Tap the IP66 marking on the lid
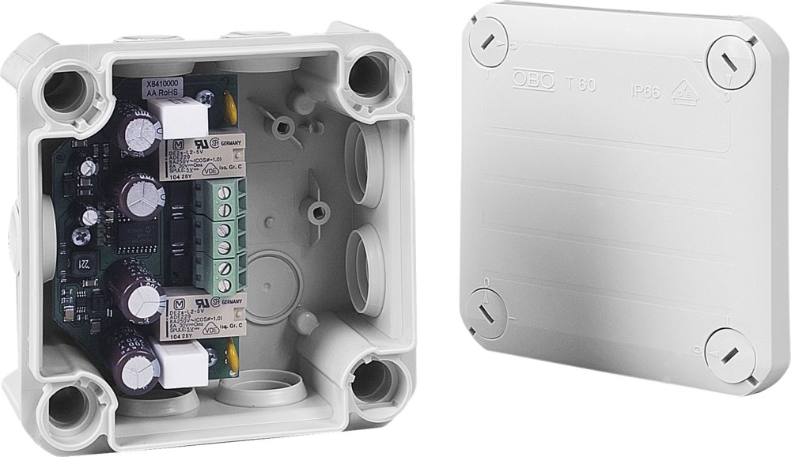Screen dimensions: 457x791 [645, 89]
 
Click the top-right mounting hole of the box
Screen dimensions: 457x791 [368, 75]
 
